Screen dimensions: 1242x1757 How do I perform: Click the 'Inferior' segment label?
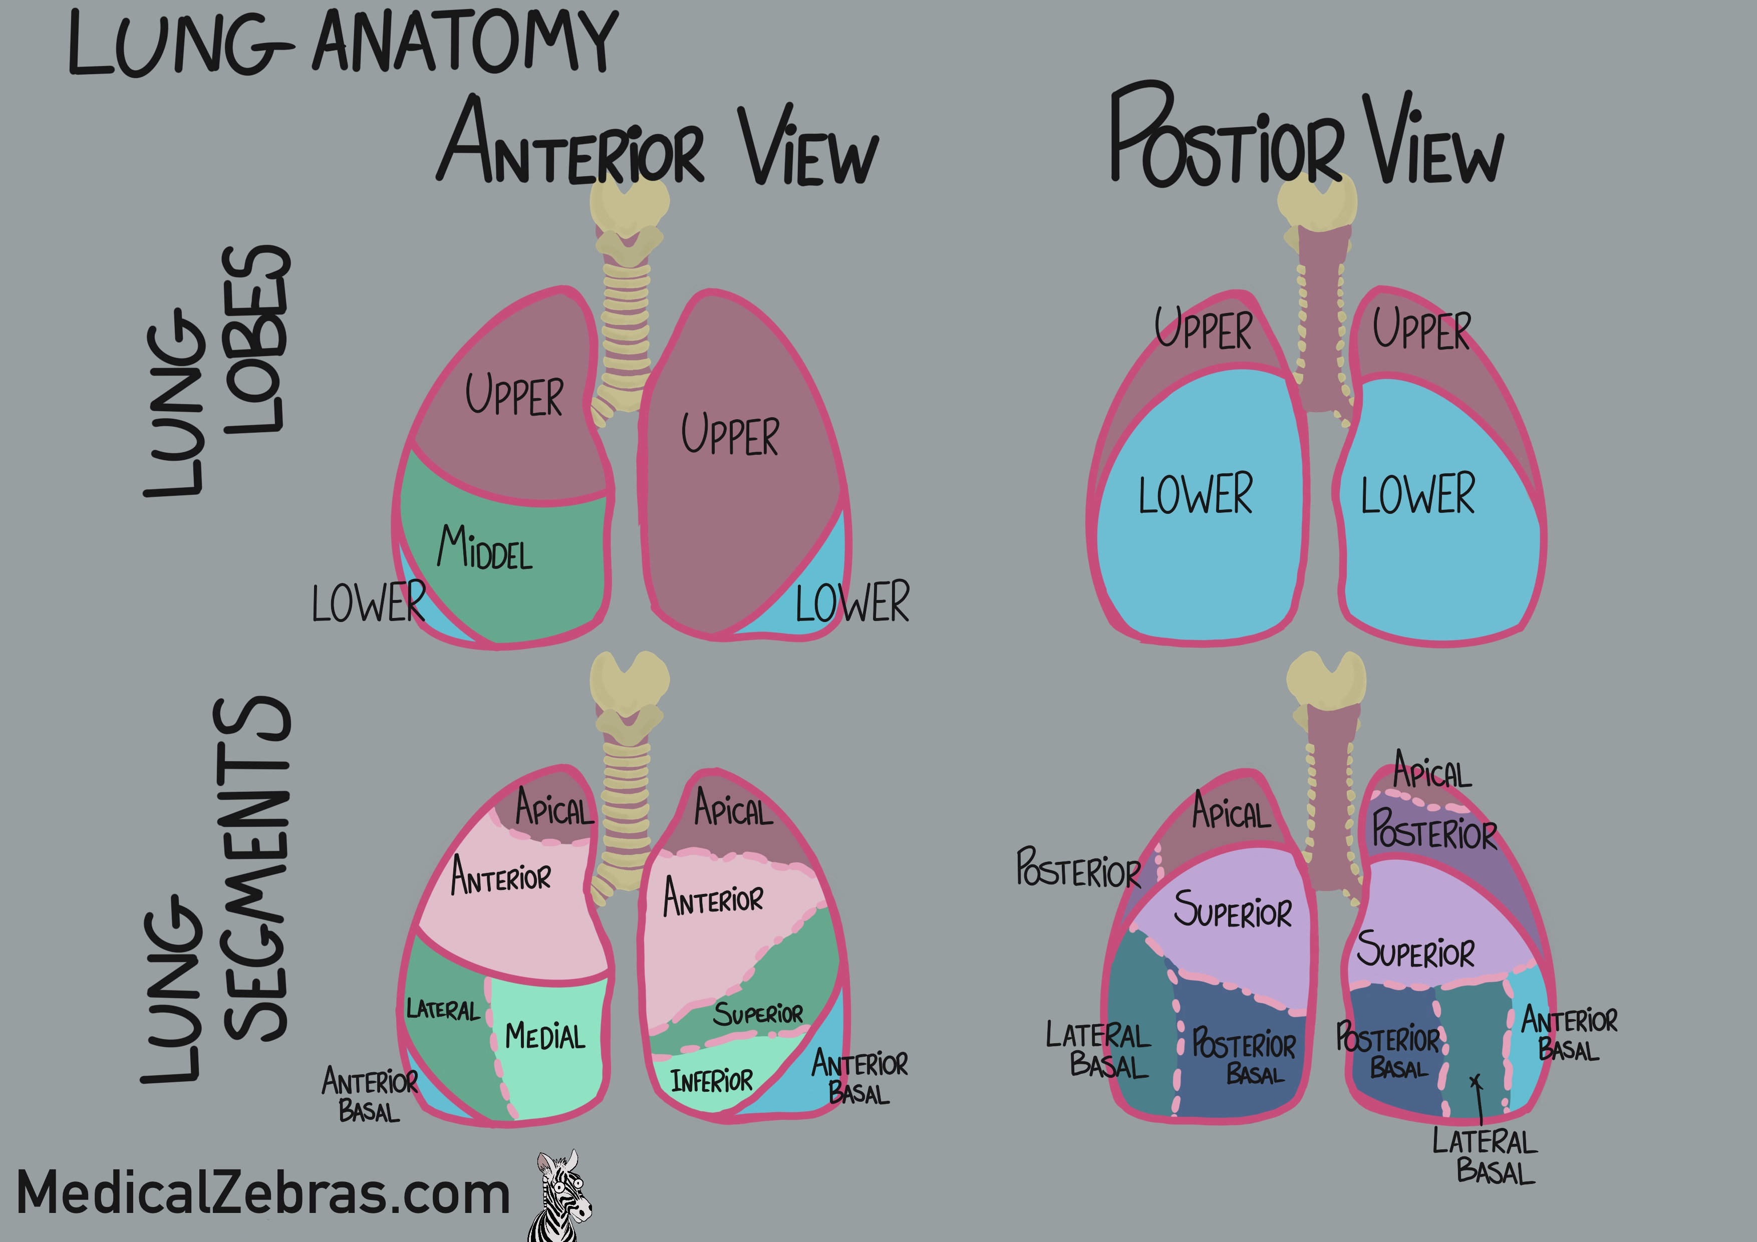712,1081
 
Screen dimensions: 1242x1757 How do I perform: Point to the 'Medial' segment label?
545,1036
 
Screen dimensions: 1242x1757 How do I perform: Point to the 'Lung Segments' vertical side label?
218,891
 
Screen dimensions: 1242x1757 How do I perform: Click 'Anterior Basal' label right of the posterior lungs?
1569,1034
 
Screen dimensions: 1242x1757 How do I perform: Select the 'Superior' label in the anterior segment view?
758,1014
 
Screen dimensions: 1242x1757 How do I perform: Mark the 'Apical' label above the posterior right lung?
1431,771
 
